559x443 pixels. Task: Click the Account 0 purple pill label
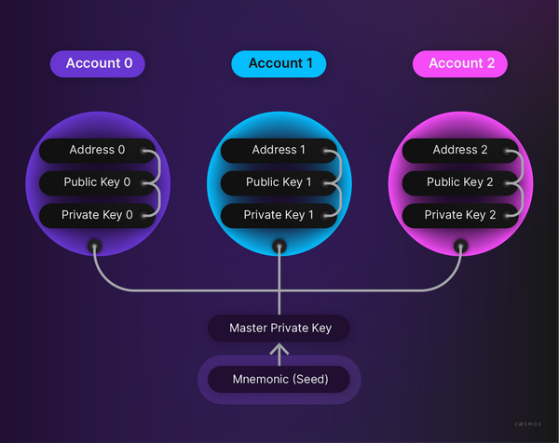[97, 63]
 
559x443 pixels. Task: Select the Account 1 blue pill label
[279, 63]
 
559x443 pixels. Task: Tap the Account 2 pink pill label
[459, 63]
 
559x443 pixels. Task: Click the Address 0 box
[97, 150]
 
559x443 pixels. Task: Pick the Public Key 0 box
[97, 182]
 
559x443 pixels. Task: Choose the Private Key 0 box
[97, 215]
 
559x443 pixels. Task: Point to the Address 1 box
[279, 150]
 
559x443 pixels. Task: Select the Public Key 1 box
[279, 182]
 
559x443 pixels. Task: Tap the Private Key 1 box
[279, 215]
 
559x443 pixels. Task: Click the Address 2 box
[459, 150]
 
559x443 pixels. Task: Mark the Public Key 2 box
[459, 182]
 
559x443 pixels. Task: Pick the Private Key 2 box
[459, 215]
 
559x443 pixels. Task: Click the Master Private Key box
[279, 328]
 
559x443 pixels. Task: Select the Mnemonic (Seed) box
[279, 380]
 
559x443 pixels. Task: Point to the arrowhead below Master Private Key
[279, 350]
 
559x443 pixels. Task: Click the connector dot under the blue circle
[279, 248]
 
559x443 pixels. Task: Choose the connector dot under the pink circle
[459, 248]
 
